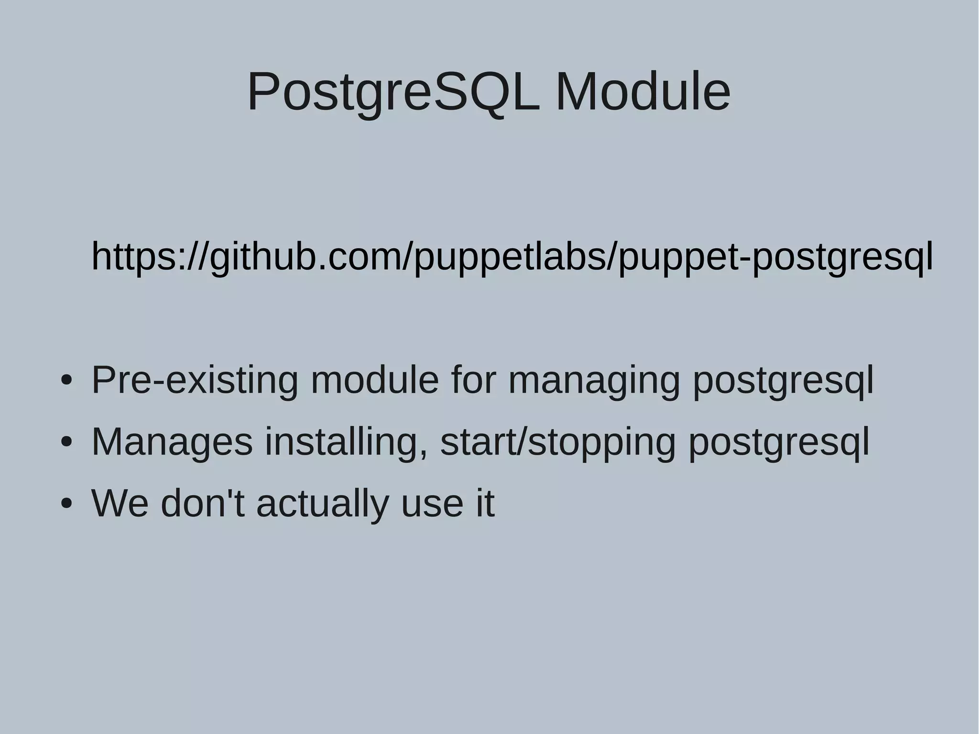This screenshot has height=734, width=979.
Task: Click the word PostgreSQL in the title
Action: coord(393,92)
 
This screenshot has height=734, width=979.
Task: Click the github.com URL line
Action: coord(511,257)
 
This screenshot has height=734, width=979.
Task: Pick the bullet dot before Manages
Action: coord(66,443)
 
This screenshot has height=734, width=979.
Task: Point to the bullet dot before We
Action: coord(66,504)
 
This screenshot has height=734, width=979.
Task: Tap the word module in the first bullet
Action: coord(374,380)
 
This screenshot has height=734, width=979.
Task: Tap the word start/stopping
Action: coord(558,442)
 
